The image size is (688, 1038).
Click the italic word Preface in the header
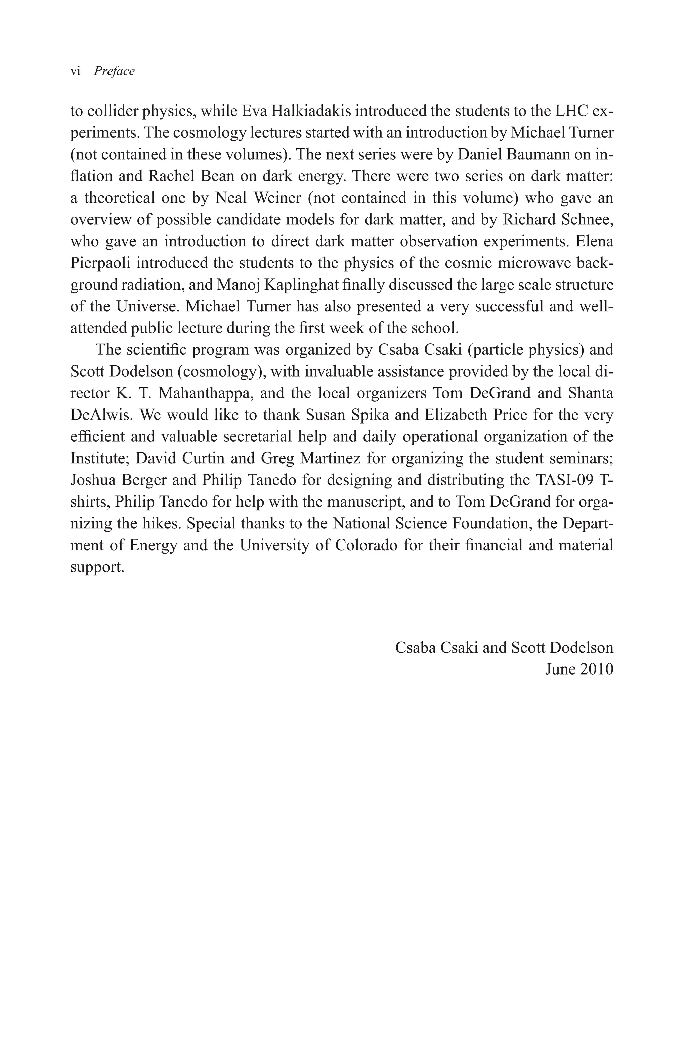(x=114, y=71)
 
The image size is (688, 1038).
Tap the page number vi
(x=75, y=71)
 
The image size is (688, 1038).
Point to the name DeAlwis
(x=101, y=415)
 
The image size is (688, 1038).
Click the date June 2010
(x=579, y=669)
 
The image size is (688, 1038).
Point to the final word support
(x=97, y=567)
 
